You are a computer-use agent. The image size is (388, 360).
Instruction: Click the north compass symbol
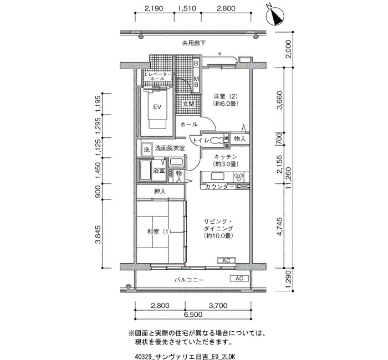pyautogui.click(x=275, y=16)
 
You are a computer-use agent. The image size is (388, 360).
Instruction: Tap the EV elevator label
pyautogui.click(x=157, y=107)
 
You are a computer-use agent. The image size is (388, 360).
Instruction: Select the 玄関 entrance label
pyautogui.click(x=188, y=104)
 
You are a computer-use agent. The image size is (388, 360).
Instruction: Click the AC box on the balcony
pyautogui.click(x=239, y=279)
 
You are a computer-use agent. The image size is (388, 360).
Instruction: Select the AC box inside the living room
pyautogui.click(x=226, y=260)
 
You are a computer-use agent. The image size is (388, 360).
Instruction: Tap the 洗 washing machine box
pyautogui.click(x=147, y=150)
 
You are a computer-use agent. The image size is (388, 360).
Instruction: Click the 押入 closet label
pyautogui.click(x=160, y=191)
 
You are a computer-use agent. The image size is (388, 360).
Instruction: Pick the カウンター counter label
pyautogui.click(x=219, y=187)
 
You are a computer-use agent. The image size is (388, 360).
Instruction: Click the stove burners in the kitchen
pyautogui.click(x=239, y=177)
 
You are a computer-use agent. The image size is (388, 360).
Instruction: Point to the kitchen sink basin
pyautogui.click(x=218, y=177)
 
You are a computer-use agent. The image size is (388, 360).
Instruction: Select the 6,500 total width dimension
pyautogui.click(x=193, y=315)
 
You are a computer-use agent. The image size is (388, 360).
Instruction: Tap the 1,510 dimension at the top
pyautogui.click(x=187, y=8)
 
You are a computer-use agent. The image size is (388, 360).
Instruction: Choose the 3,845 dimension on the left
pyautogui.click(x=98, y=234)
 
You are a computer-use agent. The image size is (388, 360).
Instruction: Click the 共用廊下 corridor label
pyautogui.click(x=194, y=43)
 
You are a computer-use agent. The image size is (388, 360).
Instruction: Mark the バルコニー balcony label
pyautogui.click(x=189, y=280)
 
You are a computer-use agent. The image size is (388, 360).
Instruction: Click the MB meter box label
pyautogui.click(x=196, y=81)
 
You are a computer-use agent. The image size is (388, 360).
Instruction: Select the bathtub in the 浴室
pyautogui.click(x=145, y=171)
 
